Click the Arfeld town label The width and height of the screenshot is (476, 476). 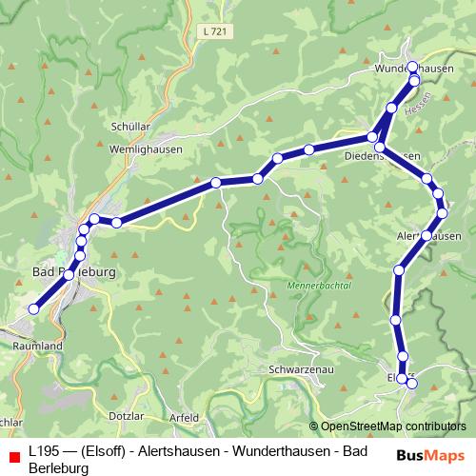[184, 417]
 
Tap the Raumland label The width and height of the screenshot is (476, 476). [38, 347]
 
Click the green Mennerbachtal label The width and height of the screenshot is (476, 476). [319, 285]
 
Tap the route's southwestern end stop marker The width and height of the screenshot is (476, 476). [34, 308]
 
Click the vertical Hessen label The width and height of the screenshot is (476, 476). [427, 104]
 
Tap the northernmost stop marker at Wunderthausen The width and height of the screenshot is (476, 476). [412, 67]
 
